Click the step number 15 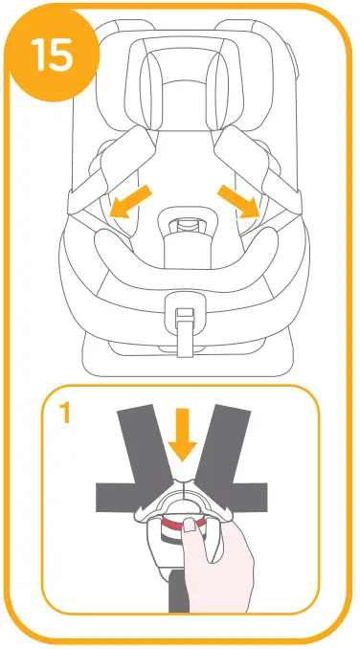point(54,56)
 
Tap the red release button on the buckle point(177,526)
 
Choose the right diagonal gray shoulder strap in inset point(230,439)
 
